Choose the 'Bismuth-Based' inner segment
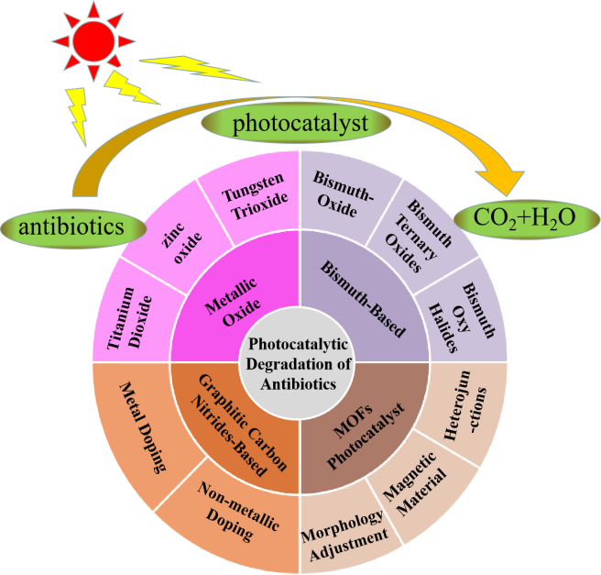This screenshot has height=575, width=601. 362,298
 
